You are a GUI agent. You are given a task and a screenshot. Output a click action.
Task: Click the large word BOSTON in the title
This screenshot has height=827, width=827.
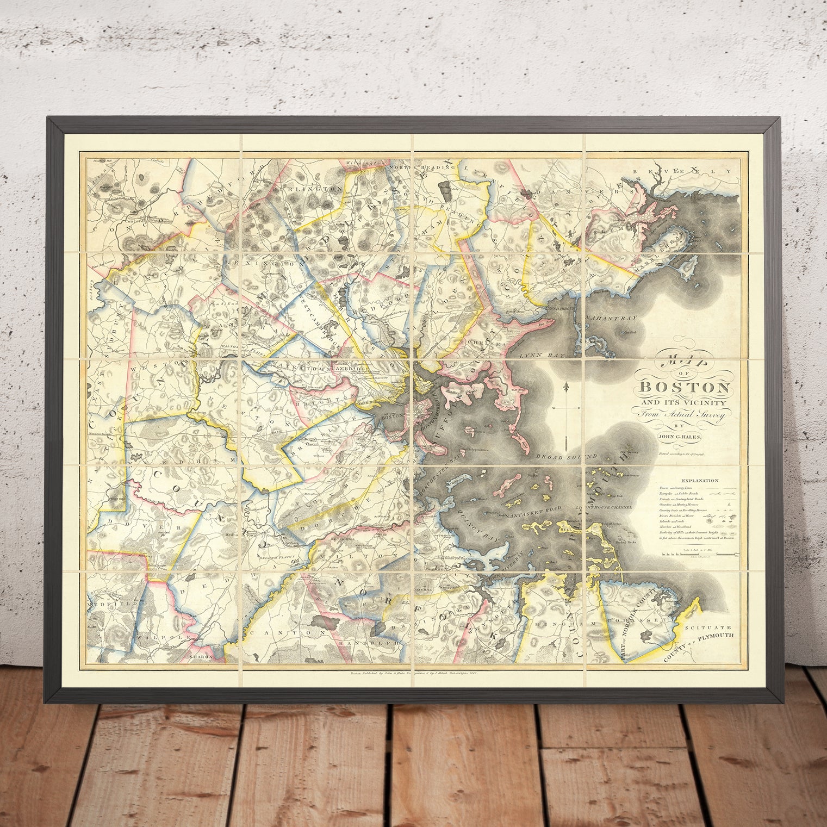coord(685,388)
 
